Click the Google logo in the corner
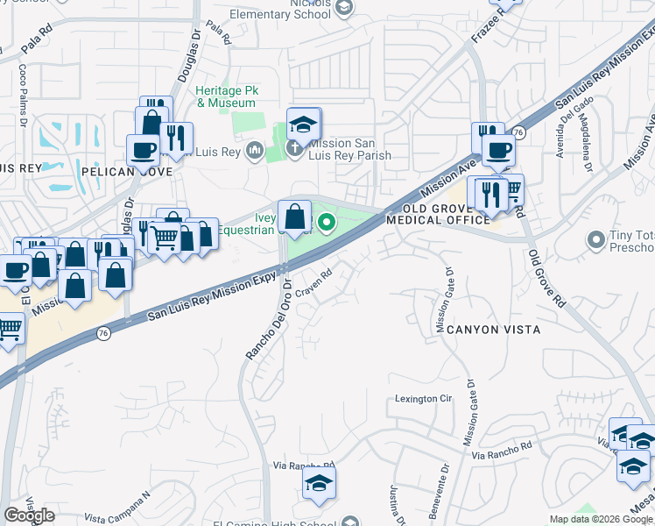pos(30,515)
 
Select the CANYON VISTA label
pos(493,330)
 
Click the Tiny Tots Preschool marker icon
pos(597,238)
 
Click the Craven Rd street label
pos(314,282)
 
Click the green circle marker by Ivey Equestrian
pos(327,223)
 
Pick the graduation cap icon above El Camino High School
pos(319,482)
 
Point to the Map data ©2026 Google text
pos(601,519)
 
